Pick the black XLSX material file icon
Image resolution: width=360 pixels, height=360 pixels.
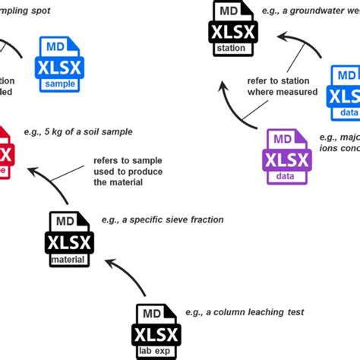click(x=69, y=239)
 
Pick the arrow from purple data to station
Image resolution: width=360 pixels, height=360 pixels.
click(x=235, y=107)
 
